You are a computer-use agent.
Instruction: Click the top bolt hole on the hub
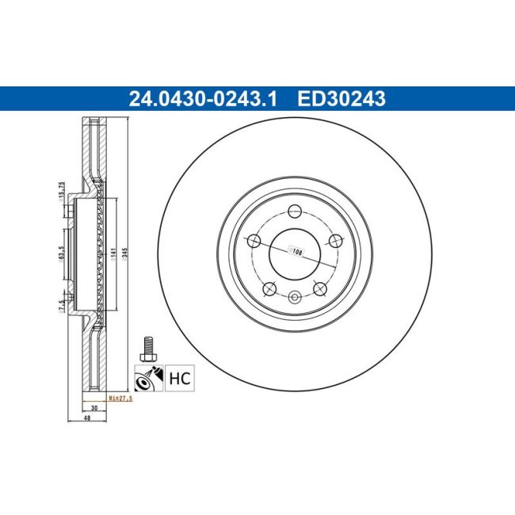[294, 211]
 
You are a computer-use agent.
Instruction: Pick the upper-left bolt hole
[254, 241]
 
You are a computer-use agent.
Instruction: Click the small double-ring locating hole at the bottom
[294, 298]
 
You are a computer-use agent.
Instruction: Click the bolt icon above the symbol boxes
[147, 348]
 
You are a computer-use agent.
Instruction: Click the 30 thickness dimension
[93, 407]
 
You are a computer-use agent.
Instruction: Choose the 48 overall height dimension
[93, 420]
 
